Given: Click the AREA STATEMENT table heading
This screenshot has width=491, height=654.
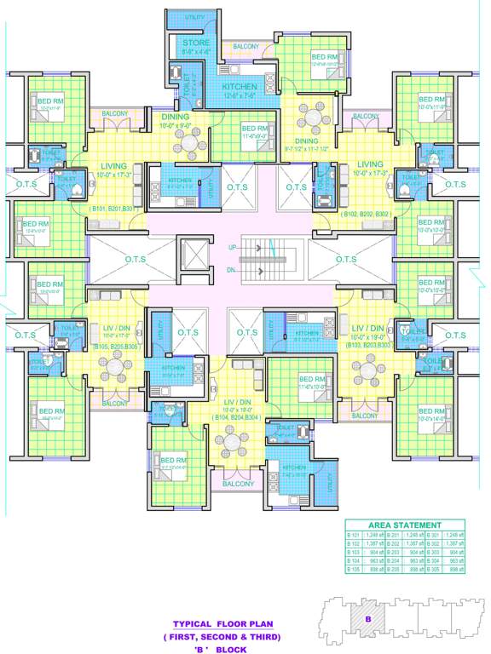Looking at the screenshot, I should pos(405,525).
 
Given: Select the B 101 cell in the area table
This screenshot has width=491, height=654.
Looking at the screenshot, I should pos(354,535).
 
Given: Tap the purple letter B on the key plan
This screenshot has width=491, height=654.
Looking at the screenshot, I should pos(367,619).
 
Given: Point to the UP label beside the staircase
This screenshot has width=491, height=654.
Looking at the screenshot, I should pos(233,247).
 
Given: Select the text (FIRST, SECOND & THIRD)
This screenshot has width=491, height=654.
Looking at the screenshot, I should pos(222,636).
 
